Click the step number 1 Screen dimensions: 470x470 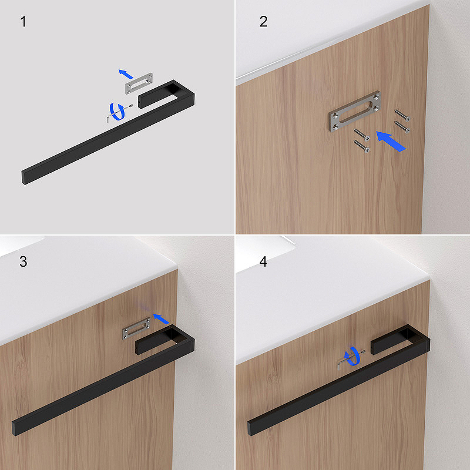(x=23, y=22)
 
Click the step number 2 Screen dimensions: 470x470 (x=263, y=22)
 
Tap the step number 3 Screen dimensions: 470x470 (x=23, y=261)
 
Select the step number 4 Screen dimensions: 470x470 (x=263, y=261)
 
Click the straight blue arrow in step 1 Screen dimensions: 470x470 (x=126, y=74)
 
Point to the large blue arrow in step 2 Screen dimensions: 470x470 (x=391, y=141)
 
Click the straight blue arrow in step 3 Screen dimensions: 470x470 (x=161, y=318)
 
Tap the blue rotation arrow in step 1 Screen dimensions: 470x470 (x=117, y=112)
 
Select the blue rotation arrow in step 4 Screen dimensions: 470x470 (x=352, y=356)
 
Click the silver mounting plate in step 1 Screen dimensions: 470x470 (x=139, y=83)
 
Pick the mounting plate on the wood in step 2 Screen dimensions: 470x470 (x=355, y=111)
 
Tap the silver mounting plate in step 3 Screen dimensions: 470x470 (x=136, y=328)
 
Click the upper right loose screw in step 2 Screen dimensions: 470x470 (x=402, y=115)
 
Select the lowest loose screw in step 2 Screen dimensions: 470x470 (x=361, y=146)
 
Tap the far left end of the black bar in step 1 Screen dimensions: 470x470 (x=23, y=177)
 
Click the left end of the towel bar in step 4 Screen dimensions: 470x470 (x=249, y=429)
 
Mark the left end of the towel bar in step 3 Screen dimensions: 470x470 (x=14, y=429)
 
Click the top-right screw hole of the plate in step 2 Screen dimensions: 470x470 (x=376, y=97)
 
